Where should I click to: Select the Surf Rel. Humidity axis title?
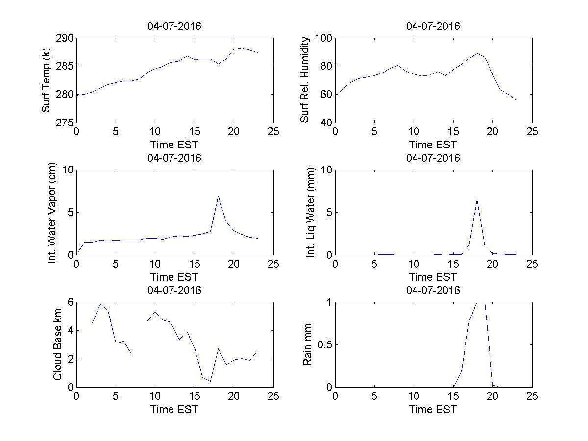(305, 80)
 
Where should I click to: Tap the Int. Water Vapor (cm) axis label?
(52, 212)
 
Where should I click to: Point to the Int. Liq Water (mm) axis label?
(311, 212)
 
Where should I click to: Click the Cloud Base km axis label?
(57, 344)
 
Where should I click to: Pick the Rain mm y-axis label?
(307, 344)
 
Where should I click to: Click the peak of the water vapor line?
(218, 196)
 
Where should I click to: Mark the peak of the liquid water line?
(477, 199)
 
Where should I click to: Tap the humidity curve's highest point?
(477, 53)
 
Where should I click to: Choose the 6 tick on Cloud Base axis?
(70, 302)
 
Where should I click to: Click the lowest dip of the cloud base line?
(210, 381)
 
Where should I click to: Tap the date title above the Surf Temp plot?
(174, 26)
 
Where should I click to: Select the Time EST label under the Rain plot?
(433, 409)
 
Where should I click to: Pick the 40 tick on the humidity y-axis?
(326, 122)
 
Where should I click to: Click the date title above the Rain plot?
(433, 290)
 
